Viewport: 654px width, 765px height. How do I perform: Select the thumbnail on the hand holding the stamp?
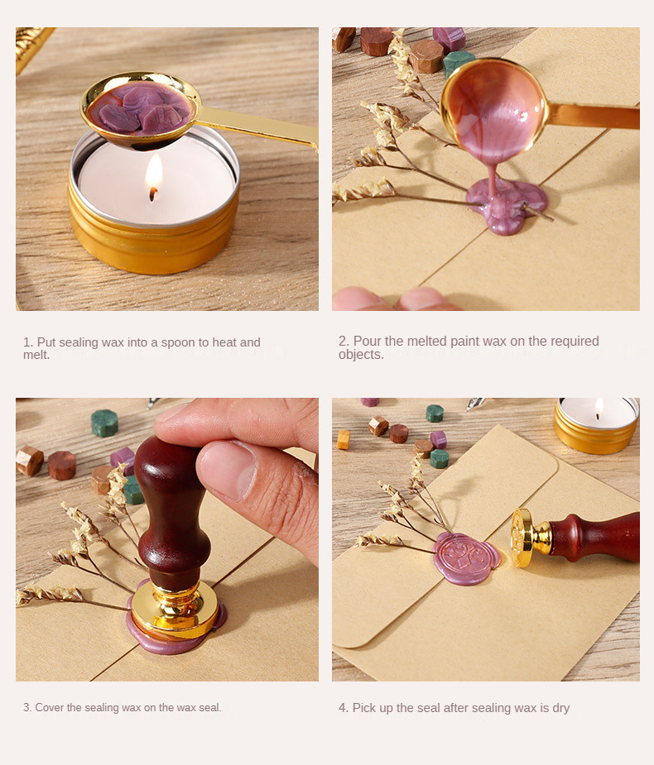(228, 471)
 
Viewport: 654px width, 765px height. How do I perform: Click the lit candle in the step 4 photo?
(596, 424)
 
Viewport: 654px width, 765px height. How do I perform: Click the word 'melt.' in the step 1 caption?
(36, 355)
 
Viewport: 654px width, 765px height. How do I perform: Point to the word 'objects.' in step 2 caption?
(361, 355)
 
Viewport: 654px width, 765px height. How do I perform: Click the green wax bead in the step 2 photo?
(458, 63)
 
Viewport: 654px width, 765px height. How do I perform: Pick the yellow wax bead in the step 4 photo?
(344, 439)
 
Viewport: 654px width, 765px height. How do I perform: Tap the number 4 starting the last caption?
(342, 708)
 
